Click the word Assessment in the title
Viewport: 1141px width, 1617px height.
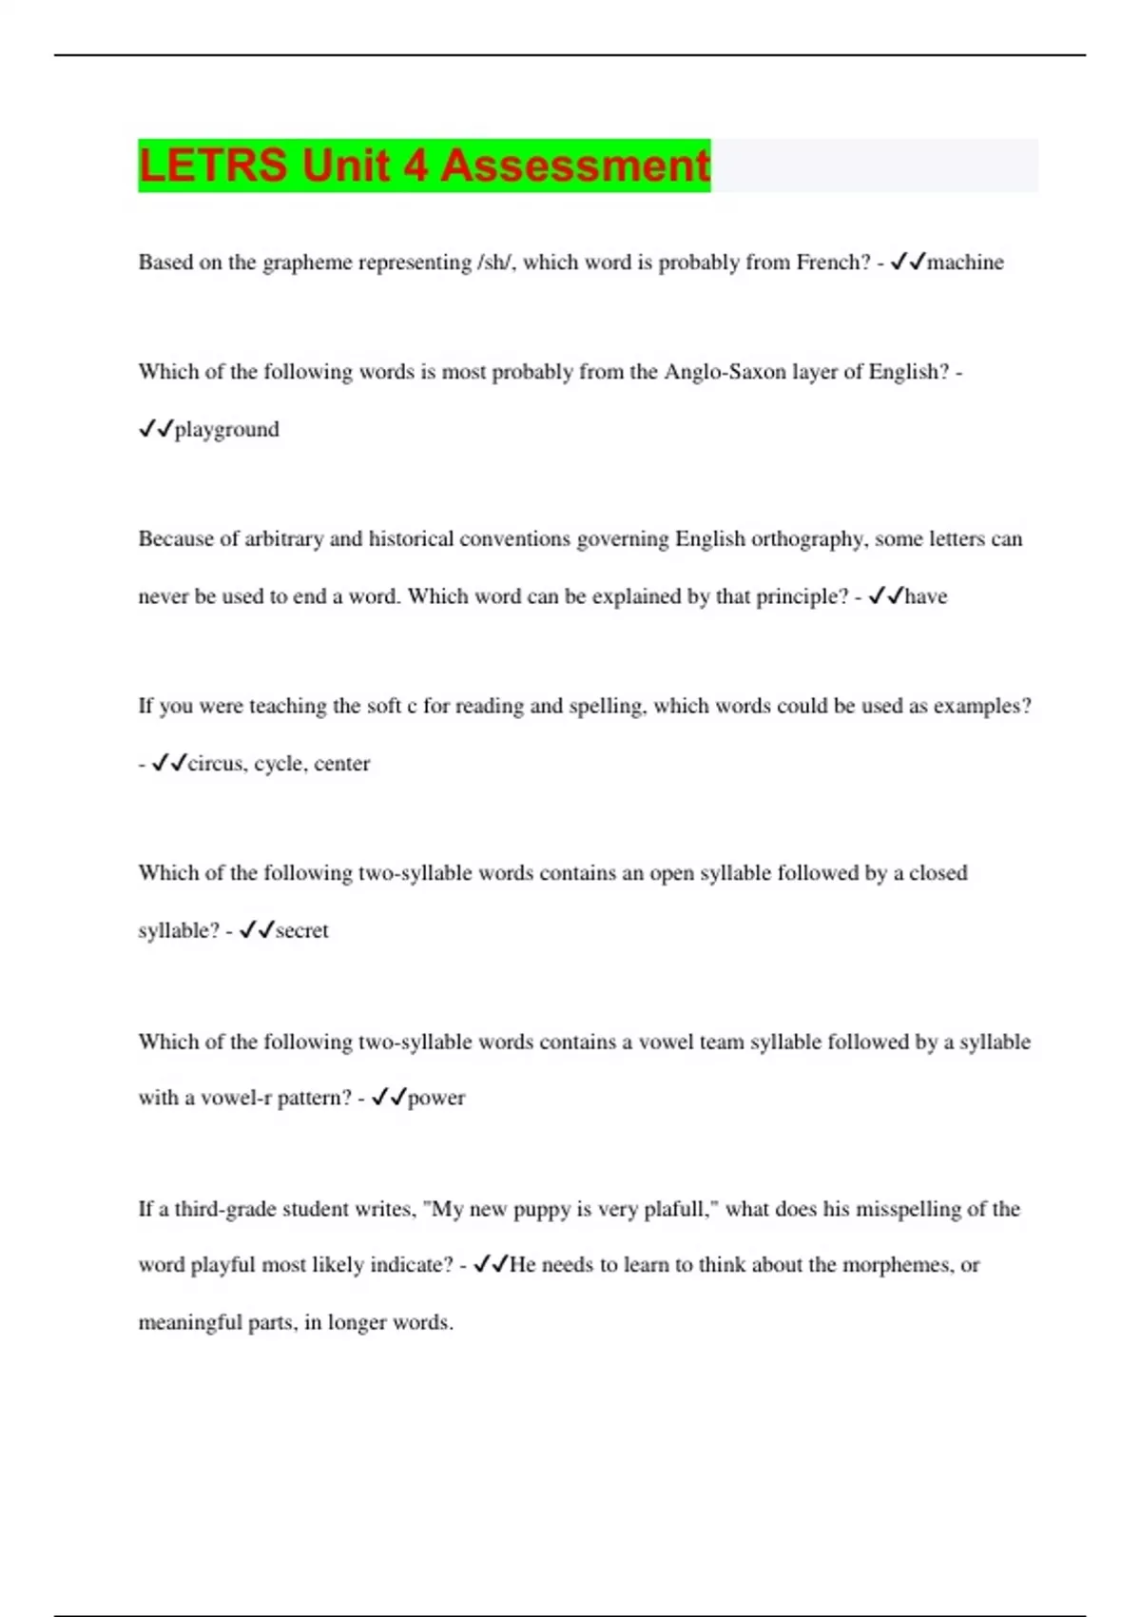tap(574, 166)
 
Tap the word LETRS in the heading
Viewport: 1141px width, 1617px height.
tap(212, 166)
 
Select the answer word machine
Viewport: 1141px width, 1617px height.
tap(965, 263)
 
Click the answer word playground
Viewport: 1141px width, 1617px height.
tap(226, 430)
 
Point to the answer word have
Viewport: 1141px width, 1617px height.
tap(925, 596)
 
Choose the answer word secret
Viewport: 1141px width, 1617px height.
tap(301, 930)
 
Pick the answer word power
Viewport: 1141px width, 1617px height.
tap(436, 1098)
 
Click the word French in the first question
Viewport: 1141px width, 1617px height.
tap(832, 263)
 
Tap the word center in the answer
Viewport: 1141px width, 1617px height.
tap(341, 764)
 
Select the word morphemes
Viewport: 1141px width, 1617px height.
tap(897, 1265)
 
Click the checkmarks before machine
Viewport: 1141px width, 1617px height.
tap(907, 263)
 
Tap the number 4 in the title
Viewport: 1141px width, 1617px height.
tap(415, 166)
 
